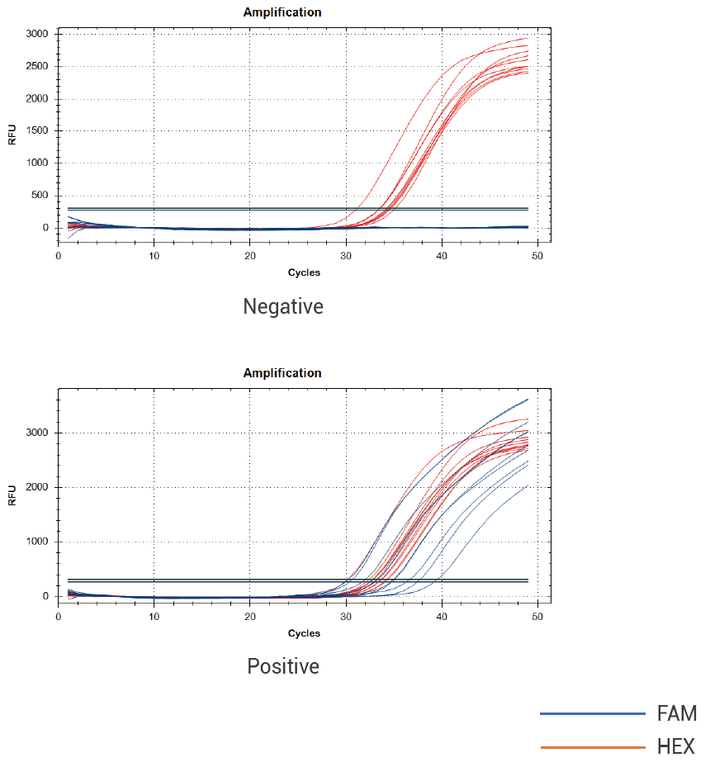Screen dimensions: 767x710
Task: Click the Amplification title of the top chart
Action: [x=282, y=12]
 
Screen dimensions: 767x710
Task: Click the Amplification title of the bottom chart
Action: [x=282, y=373]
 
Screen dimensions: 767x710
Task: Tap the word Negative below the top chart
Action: [x=283, y=306]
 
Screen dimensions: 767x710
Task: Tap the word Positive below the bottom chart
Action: [x=283, y=666]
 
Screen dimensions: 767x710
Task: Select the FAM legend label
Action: [x=676, y=713]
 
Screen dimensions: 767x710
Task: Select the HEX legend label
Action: [x=676, y=747]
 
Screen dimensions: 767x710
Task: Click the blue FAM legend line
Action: [x=592, y=713]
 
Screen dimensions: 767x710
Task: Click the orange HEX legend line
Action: [x=592, y=747]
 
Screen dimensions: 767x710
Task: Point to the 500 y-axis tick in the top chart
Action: [x=40, y=196]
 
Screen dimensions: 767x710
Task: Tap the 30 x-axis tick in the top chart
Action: [x=346, y=257]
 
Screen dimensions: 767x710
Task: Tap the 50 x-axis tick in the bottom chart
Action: [x=537, y=618]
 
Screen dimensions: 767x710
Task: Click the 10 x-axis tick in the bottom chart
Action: [x=154, y=618]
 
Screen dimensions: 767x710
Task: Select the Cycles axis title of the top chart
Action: [x=304, y=272]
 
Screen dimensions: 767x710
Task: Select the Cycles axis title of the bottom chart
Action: [x=304, y=633]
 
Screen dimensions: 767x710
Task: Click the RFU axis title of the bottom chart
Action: [x=12, y=495]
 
